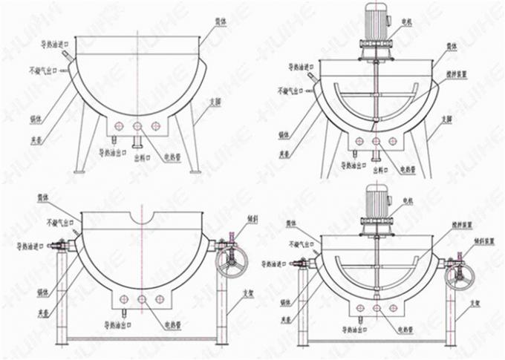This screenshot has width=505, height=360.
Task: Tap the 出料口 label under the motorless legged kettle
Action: [x=142, y=157]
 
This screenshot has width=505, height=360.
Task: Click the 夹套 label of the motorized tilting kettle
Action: [x=285, y=320]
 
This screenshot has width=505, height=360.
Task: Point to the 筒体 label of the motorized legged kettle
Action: [x=452, y=46]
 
